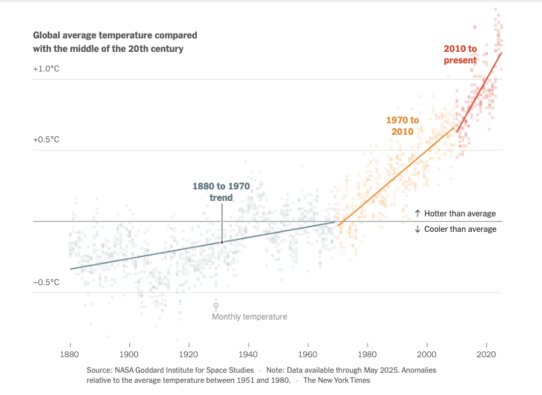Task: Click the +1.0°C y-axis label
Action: click(x=47, y=69)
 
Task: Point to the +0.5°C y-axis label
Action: click(x=47, y=140)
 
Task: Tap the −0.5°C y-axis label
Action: click(x=47, y=282)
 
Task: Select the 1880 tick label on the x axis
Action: click(x=69, y=353)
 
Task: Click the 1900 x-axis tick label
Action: click(x=129, y=353)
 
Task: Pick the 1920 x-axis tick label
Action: click(x=189, y=353)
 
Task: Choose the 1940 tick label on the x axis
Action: click(x=248, y=353)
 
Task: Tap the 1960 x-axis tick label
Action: click(x=307, y=353)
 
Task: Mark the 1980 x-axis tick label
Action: click(x=367, y=353)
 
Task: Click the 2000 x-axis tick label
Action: click(x=426, y=353)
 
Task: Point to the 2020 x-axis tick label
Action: click(x=485, y=353)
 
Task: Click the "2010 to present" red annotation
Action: click(x=460, y=55)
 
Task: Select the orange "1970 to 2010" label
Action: click(x=402, y=125)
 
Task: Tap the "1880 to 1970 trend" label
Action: click(x=220, y=191)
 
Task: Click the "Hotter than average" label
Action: click(x=455, y=214)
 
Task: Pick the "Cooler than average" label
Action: click(x=455, y=229)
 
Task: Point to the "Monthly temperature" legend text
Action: click(x=249, y=317)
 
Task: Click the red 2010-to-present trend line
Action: click(x=479, y=92)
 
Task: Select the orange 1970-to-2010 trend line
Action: click(x=398, y=175)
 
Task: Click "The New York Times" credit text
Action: click(x=336, y=380)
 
